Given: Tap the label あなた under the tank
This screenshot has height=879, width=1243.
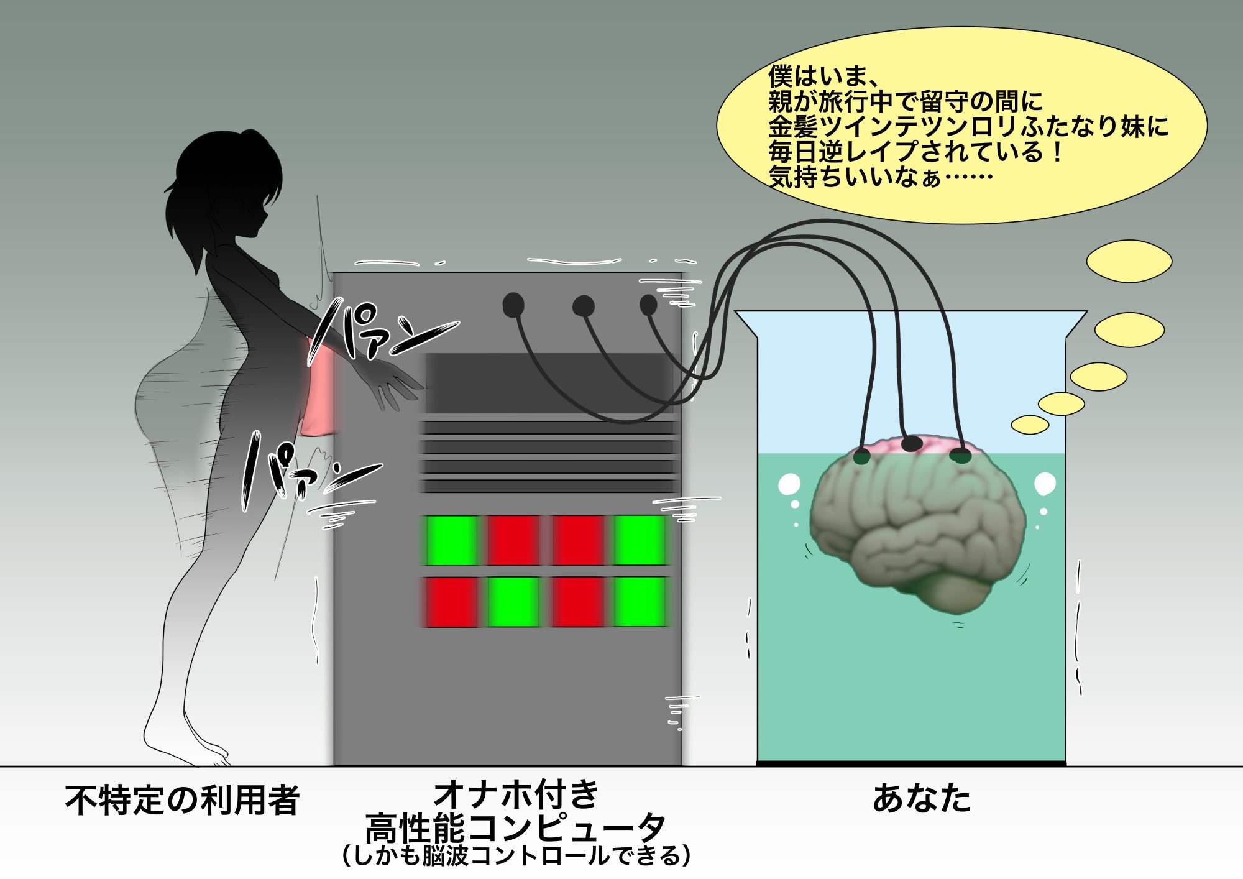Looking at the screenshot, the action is point(922,799).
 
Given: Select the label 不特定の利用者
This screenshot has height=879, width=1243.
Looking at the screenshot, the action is point(182,800).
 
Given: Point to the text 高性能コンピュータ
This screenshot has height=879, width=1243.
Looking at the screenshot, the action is point(515,829).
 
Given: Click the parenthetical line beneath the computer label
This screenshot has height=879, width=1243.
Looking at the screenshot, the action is point(516,856).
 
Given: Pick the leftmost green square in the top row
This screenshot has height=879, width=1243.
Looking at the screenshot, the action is point(451,540).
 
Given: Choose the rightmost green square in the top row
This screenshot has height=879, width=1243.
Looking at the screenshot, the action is point(640,540).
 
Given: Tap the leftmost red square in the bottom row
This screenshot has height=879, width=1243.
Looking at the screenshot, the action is point(451,602).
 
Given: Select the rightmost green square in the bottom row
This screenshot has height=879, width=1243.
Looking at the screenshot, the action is point(640,602).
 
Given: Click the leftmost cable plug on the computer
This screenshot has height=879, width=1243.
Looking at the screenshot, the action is point(513,305).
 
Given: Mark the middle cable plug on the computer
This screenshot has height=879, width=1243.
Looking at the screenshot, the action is point(583,306).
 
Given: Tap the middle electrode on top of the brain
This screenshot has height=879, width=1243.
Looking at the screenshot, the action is point(912,443).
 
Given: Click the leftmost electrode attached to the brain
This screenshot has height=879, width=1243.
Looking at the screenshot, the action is point(862,457).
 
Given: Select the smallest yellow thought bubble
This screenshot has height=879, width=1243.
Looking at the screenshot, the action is point(1030,425).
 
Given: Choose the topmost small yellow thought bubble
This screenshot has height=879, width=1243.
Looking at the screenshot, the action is point(1129,261).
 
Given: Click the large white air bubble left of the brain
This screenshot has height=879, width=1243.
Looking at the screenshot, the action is point(789,484).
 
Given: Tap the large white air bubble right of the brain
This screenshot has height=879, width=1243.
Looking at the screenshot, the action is point(1045,484).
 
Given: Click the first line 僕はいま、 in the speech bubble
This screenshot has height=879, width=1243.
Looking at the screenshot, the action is point(823,76).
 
